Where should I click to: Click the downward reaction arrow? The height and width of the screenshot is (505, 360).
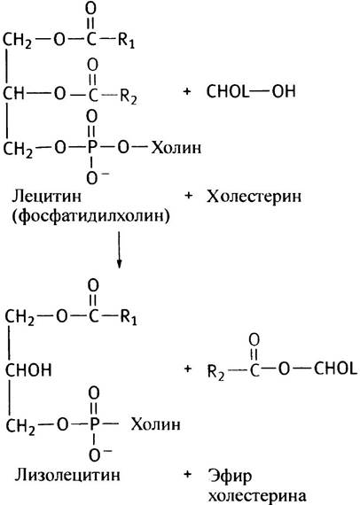(119, 250)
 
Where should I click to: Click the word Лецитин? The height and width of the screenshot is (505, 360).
(47, 196)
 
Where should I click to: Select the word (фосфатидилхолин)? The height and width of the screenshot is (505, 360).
(90, 216)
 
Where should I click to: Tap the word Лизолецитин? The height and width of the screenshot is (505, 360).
(67, 474)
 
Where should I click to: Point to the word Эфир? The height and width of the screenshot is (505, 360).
(230, 477)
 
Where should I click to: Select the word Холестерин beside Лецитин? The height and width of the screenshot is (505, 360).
(254, 197)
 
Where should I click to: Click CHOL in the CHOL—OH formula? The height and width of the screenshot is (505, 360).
(228, 91)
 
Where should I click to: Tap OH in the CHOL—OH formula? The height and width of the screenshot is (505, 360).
(284, 91)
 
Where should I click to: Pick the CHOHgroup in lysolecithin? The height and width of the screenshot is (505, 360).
(28, 369)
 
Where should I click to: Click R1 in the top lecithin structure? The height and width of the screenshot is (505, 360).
(126, 41)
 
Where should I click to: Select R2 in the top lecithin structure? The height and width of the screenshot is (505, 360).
(129, 96)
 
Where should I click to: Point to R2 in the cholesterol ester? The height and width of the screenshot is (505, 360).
(216, 373)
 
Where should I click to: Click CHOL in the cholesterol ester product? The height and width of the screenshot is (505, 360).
(335, 369)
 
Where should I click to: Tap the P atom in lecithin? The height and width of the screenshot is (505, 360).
(92, 148)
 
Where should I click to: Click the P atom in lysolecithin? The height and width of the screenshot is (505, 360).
(94, 424)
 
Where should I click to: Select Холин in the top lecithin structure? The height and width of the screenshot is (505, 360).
(176, 148)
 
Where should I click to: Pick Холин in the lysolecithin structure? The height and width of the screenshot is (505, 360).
(155, 424)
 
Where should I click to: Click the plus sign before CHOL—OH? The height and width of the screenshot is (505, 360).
(187, 91)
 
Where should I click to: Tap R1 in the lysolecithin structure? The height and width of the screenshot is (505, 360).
(129, 317)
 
